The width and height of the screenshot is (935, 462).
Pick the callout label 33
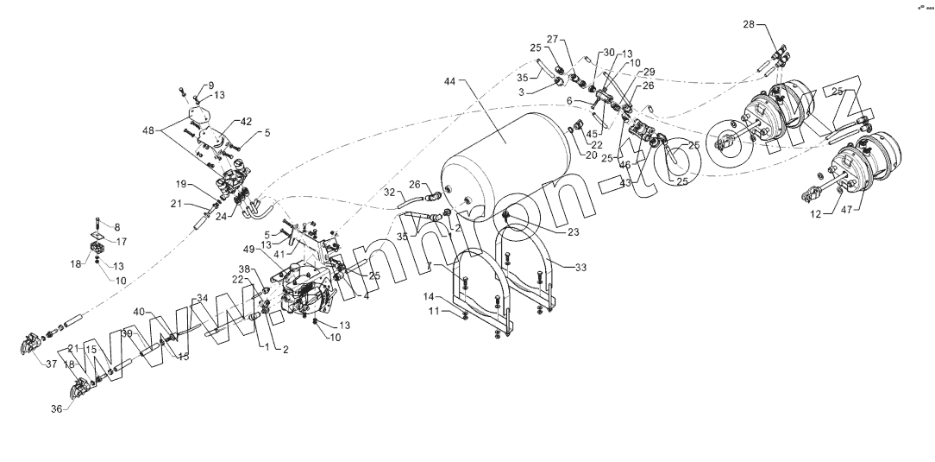580,268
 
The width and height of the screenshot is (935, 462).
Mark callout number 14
428,296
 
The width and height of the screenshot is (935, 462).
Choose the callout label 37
51,364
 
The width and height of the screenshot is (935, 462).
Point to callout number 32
389,192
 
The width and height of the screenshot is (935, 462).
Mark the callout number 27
553,39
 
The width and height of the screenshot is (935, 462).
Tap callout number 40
140,312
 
